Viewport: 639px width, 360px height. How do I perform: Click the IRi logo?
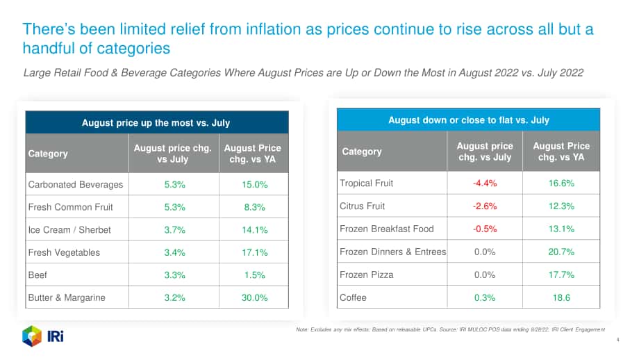click(43, 336)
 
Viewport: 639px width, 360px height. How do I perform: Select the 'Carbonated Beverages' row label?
click(76, 185)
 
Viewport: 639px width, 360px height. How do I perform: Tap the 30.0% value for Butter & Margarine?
click(254, 297)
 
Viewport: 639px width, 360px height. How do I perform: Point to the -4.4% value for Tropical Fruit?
click(485, 183)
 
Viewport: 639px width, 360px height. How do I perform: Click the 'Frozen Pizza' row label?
click(366, 275)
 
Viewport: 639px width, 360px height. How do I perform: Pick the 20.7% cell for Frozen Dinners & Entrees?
click(561, 252)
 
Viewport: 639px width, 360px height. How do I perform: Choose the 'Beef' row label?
click(38, 275)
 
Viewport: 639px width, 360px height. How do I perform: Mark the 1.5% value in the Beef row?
click(254, 275)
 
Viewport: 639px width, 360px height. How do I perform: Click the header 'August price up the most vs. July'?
click(156, 123)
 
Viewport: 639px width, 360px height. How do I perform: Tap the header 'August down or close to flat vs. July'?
click(469, 120)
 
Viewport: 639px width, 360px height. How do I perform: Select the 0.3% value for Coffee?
click(485, 297)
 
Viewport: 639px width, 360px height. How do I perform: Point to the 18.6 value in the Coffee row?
click(561, 297)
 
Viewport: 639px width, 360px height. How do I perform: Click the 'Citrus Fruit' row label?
click(363, 206)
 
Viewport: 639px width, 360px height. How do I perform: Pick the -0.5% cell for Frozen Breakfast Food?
click(485, 229)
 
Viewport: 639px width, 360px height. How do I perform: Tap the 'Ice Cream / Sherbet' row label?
click(69, 230)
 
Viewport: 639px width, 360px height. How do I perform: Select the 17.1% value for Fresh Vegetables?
click(254, 253)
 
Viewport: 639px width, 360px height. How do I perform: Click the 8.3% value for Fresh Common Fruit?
click(254, 207)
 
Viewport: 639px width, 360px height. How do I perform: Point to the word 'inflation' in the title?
click(276, 29)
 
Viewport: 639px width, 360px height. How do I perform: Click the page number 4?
click(617, 340)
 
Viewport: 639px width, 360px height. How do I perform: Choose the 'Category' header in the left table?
click(48, 154)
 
